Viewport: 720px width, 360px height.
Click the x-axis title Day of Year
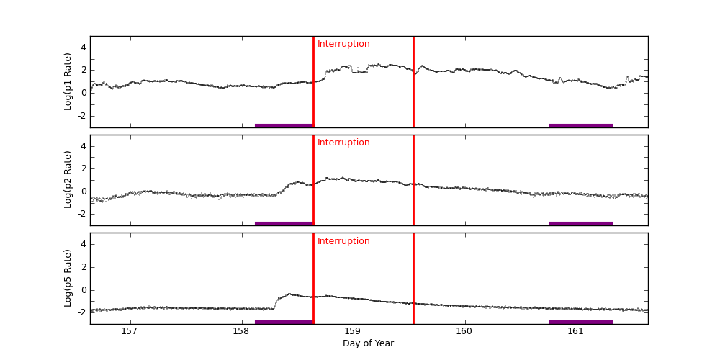pyautogui.click(x=368, y=343)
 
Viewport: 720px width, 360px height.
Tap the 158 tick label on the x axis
pyautogui.click(x=241, y=331)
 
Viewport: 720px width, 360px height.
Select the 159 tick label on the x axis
pyautogui.click(x=353, y=331)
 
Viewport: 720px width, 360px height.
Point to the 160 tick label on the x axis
pyautogui.click(x=464, y=331)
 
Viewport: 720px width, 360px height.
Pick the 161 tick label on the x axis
pyautogui.click(x=576, y=331)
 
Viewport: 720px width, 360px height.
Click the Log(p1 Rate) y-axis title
pyautogui.click(x=68, y=81)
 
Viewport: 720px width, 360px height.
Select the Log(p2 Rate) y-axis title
pyautogui.click(x=68, y=180)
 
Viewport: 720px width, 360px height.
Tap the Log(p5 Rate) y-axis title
pyautogui.click(x=68, y=278)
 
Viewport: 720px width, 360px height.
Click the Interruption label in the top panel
pyautogui.click(x=343, y=44)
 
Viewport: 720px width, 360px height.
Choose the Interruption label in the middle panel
pyautogui.click(x=343, y=143)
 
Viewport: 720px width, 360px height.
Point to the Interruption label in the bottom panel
pyautogui.click(x=343, y=241)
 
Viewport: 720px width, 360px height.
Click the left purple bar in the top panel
pyautogui.click(x=284, y=125)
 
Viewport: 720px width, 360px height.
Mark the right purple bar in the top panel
pyautogui.click(x=580, y=125)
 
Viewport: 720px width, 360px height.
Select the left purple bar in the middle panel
pyautogui.click(x=284, y=224)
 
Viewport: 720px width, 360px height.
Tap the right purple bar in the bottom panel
pyautogui.click(x=580, y=322)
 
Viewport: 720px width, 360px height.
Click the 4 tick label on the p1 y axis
pyautogui.click(x=83, y=48)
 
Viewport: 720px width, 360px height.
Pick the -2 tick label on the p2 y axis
pyautogui.click(x=81, y=214)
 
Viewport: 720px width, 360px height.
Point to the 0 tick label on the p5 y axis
pyautogui.click(x=83, y=289)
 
